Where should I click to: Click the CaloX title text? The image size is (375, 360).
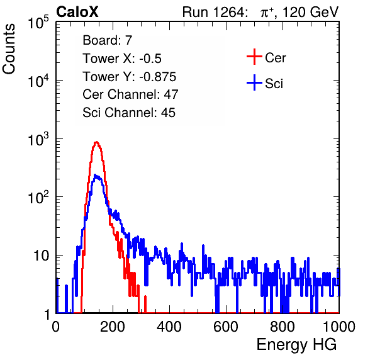pyautogui.click(x=77, y=12)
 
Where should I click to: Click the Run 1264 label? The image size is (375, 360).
pyautogui.click(x=213, y=12)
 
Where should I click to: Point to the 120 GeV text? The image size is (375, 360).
pyautogui.click(x=311, y=12)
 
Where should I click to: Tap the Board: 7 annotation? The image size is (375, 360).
pyautogui.click(x=107, y=40)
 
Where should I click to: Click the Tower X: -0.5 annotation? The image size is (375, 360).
pyautogui.click(x=122, y=59)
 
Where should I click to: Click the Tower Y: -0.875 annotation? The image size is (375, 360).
pyautogui.click(x=130, y=77)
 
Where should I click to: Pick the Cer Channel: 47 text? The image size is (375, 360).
pyautogui.click(x=130, y=94)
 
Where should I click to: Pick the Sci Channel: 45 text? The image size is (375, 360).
pyautogui.click(x=129, y=113)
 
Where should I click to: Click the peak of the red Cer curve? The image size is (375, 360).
pyautogui.click(x=96, y=142)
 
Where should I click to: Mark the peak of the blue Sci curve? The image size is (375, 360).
pyautogui.click(x=96, y=176)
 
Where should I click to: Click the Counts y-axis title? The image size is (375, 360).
pyautogui.click(x=9, y=49)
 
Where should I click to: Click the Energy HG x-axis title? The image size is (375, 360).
pyautogui.click(x=296, y=344)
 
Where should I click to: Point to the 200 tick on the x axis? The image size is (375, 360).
pyautogui.click(x=113, y=327)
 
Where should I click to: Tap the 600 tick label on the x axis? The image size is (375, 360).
pyautogui.click(x=226, y=327)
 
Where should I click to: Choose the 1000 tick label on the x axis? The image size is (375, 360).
pyautogui.click(x=339, y=327)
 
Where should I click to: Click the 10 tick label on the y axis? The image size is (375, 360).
pyautogui.click(x=41, y=256)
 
